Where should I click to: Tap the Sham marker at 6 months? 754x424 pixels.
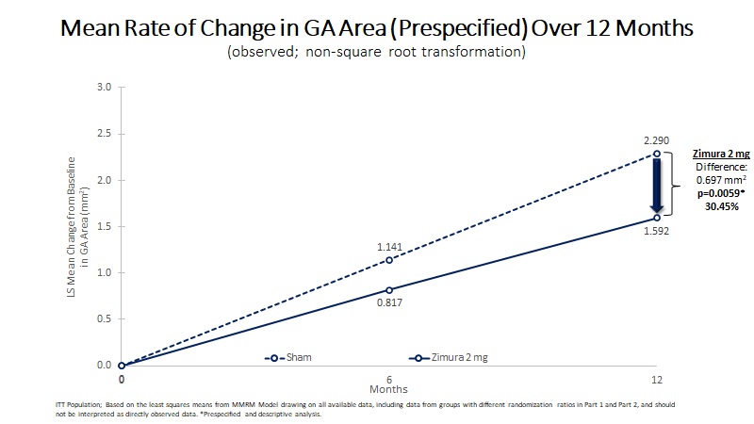[x=389, y=260]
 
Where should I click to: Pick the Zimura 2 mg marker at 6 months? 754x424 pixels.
[x=389, y=290]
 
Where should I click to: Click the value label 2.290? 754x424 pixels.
[x=657, y=139]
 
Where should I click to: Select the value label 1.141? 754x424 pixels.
[x=389, y=246]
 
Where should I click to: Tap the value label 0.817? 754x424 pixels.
[x=389, y=304]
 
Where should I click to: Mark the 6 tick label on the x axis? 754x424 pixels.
[x=389, y=379]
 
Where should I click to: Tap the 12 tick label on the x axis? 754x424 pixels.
[x=657, y=379]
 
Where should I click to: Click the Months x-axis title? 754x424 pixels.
[x=389, y=388]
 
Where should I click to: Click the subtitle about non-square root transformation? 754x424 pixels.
[x=376, y=53]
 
